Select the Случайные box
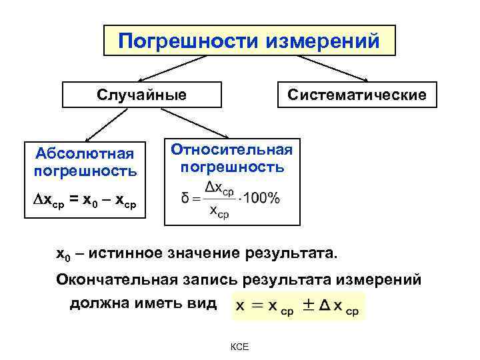coord(141,95)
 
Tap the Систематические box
coord(357,95)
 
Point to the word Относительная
coord(232,148)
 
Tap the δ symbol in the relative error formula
coord(186,199)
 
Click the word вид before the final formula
coord(202,303)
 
